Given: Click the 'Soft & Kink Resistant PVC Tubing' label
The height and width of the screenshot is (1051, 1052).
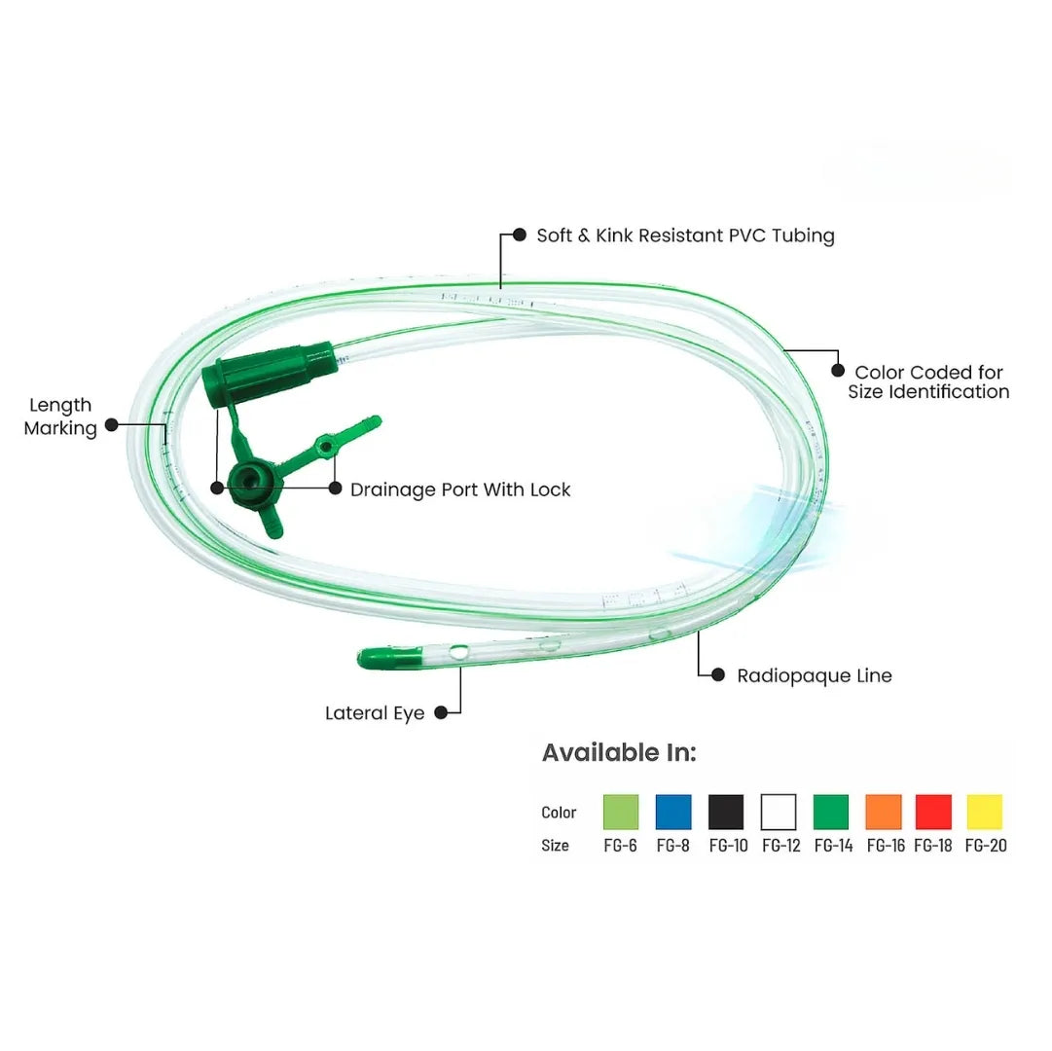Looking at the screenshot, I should (685, 236).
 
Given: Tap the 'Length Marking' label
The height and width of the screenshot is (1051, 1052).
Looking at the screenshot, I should (60, 417).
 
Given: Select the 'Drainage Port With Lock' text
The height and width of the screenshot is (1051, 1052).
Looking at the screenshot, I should (460, 489).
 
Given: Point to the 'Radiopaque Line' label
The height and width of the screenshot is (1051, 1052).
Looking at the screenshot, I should (814, 675).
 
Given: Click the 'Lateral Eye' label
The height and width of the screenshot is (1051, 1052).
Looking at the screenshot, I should (375, 713).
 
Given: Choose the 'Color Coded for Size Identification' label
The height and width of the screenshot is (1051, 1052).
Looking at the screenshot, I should (928, 381).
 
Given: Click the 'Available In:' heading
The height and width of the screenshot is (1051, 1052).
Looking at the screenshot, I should (619, 752).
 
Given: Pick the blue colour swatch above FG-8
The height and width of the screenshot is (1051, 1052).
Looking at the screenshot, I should (673, 812).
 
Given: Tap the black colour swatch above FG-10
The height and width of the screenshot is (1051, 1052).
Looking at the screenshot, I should (726, 812).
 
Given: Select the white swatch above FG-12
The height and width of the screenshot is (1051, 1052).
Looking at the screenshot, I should (779, 812).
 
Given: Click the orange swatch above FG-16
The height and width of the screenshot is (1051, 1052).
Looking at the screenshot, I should (884, 812).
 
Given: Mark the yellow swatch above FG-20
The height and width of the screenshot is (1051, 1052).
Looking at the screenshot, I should (985, 812).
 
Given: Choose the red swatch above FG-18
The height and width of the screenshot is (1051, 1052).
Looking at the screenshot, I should (934, 812).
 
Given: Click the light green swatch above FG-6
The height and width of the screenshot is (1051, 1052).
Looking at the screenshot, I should (621, 812).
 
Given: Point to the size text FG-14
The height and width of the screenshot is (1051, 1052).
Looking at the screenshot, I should (833, 846).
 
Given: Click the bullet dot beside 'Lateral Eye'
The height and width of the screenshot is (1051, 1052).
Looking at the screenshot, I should (441, 712).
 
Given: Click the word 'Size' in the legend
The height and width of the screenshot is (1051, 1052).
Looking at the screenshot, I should (555, 846).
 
